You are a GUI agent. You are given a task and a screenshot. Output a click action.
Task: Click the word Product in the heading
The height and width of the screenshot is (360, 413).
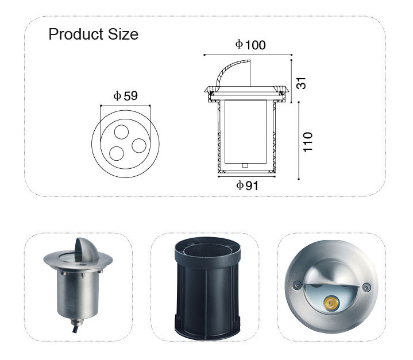pos(76,34)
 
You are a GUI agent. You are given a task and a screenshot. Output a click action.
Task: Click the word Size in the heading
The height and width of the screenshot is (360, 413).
pos(123,34)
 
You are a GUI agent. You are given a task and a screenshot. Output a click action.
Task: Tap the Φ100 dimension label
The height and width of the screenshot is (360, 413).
pos(250,45)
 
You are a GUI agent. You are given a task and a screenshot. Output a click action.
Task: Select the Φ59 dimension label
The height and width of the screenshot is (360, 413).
pos(126,96)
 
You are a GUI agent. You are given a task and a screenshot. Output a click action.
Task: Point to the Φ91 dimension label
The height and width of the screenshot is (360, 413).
pos(247,185)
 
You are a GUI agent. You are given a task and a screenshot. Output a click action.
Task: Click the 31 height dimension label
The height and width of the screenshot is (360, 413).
pos(302,83)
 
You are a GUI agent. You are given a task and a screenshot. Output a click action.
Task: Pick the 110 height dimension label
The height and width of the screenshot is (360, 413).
pos(307,142)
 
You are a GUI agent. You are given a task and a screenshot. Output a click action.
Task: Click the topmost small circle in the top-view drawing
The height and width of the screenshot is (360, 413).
pos(121,131)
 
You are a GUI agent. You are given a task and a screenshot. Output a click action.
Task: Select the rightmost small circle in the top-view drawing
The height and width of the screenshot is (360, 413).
pos(139,146)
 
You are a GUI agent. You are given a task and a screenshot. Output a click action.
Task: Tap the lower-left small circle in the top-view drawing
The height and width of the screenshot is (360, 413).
pos(117,154)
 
